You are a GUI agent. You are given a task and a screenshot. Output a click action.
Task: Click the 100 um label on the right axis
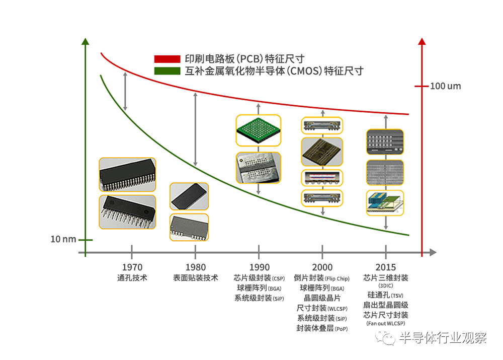(x=445, y=86)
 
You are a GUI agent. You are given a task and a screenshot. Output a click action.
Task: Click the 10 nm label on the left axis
(x=63, y=239)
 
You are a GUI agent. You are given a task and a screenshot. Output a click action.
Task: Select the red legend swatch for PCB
(x=167, y=59)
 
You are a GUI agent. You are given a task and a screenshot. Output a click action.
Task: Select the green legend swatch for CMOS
(x=167, y=71)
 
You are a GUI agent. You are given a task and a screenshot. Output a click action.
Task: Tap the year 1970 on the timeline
(x=132, y=267)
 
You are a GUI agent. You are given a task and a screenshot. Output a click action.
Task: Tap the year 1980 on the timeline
(x=196, y=267)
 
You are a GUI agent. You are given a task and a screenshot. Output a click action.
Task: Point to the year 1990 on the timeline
(x=259, y=267)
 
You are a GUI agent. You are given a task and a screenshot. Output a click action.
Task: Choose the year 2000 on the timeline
(x=322, y=267)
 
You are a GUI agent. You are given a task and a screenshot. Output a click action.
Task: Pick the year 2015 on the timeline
(x=386, y=267)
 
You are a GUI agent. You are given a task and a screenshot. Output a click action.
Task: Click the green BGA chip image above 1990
(x=259, y=131)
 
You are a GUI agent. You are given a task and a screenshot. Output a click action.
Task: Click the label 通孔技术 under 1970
(x=132, y=277)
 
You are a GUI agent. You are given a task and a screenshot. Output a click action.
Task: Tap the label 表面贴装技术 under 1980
(x=196, y=277)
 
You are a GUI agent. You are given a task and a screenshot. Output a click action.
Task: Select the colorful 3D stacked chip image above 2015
(x=385, y=203)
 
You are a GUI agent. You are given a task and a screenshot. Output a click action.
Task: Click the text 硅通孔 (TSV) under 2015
(x=386, y=296)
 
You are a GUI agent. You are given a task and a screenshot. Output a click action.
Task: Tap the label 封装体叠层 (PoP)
(x=322, y=328)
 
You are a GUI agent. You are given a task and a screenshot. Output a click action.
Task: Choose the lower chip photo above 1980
(x=189, y=227)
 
